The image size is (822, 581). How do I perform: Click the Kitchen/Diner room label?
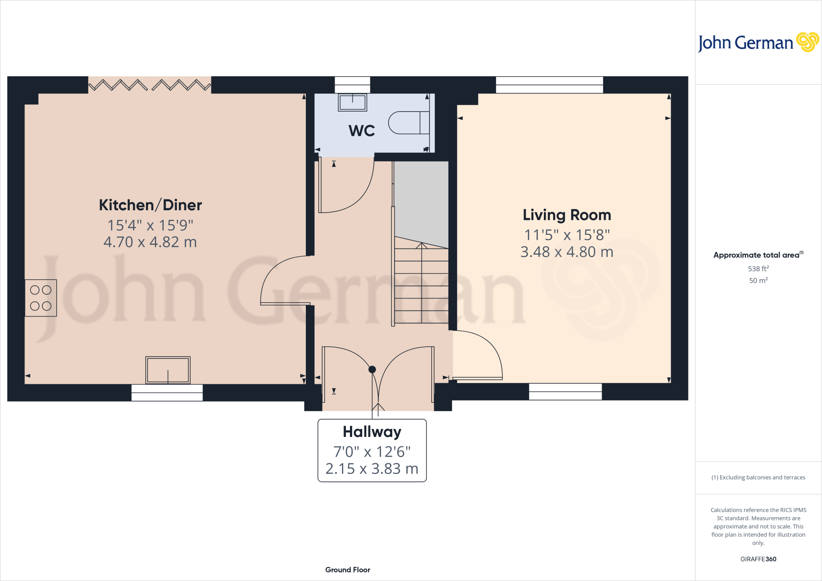(150, 205)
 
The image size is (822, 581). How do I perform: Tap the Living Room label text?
(567, 215)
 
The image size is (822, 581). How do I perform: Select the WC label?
(362, 131)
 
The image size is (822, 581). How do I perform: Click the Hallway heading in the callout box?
(372, 432)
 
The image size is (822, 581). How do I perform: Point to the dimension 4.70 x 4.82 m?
(150, 242)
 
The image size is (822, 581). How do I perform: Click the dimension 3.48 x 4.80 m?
(567, 252)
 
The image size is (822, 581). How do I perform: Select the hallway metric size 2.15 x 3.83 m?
(372, 469)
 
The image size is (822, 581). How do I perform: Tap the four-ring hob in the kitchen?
(41, 298)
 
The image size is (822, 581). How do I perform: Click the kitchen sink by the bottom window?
(168, 370)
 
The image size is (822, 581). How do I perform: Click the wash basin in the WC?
(352, 102)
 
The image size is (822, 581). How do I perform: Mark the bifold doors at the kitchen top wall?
(149, 85)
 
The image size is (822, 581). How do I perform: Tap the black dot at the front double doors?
(372, 369)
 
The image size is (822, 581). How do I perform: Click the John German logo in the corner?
(758, 43)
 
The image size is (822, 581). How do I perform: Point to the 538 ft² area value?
(758, 268)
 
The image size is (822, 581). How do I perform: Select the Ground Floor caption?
(348, 570)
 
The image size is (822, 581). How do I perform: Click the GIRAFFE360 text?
(758, 559)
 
